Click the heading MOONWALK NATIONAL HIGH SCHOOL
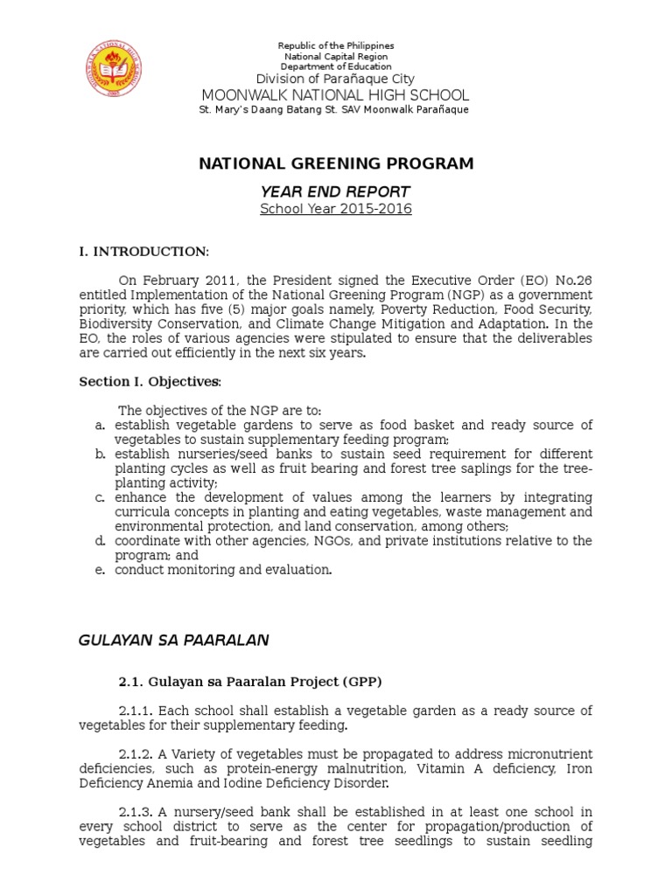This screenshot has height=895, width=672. [x=336, y=94]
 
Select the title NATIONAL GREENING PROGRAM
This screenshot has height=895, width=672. [x=336, y=163]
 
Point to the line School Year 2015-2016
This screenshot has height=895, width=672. [x=336, y=209]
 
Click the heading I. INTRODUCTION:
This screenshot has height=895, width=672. [x=144, y=253]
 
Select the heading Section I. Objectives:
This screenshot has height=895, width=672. [x=150, y=382]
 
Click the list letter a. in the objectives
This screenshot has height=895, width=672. [x=101, y=426]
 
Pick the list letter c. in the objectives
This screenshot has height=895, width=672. [x=101, y=497]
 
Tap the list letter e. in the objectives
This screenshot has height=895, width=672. [x=101, y=570]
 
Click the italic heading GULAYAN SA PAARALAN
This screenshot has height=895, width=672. [x=173, y=641]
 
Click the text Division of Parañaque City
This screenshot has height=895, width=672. [x=336, y=79]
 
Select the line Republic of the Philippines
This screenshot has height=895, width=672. [x=336, y=45]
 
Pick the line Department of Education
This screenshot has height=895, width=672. [x=336, y=66]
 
